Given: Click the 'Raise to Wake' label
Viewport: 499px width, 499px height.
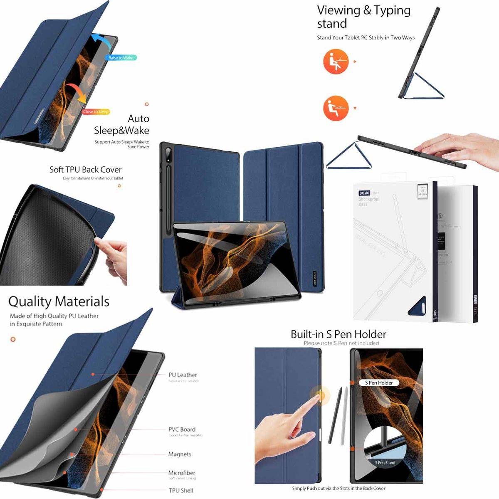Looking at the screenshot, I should coord(121,58).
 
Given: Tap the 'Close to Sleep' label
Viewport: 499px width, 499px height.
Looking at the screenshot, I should coord(96,111).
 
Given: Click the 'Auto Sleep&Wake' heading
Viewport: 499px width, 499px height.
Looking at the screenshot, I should coord(121,124).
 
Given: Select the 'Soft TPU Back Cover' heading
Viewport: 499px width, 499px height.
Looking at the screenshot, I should coord(86,170).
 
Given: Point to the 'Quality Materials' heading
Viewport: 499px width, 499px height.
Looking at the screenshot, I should coord(59,301).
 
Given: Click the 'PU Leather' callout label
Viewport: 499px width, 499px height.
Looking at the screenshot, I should coord(183,375).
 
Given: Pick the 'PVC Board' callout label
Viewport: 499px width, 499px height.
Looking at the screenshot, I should coord(182,429).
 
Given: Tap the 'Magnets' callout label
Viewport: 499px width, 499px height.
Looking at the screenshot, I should coord(180,454).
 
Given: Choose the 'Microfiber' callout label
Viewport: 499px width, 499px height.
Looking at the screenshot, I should coord(182,473).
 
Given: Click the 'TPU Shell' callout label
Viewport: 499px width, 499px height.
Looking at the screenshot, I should coord(181,490).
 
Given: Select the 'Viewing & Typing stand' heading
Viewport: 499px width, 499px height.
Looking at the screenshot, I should coord(363,17).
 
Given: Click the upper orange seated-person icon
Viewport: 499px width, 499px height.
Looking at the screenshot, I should coord(335,62).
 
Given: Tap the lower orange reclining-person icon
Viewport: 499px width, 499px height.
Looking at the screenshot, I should coord(335,108).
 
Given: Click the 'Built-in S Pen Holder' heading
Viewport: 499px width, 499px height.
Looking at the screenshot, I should coord(338,334).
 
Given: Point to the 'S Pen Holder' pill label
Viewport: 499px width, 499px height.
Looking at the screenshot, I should coord(379,383).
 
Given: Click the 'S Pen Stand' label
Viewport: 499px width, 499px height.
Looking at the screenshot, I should coord(385,462).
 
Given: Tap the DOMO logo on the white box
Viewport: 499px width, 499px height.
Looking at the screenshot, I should coord(364,193).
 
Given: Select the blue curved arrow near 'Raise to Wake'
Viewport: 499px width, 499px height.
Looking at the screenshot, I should coord(99,42).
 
